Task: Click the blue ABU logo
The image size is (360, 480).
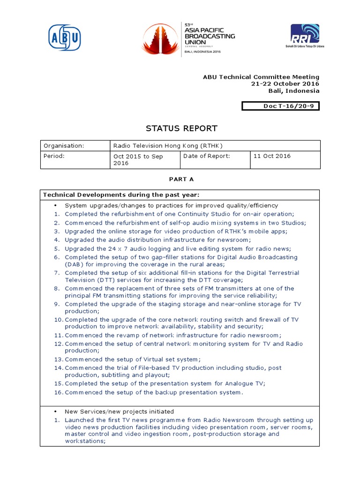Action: (x=65, y=37)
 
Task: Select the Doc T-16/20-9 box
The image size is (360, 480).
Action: (x=280, y=106)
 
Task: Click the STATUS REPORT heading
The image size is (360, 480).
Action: (x=182, y=128)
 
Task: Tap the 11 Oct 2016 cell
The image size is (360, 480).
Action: (x=272, y=156)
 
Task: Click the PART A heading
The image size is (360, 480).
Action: (x=181, y=179)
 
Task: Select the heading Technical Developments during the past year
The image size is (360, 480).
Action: (x=121, y=195)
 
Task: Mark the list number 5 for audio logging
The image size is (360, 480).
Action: (x=57, y=249)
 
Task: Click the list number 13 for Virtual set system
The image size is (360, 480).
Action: (x=58, y=360)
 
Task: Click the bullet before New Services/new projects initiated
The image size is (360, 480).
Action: (x=55, y=412)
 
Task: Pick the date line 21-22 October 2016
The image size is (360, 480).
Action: (x=285, y=84)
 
